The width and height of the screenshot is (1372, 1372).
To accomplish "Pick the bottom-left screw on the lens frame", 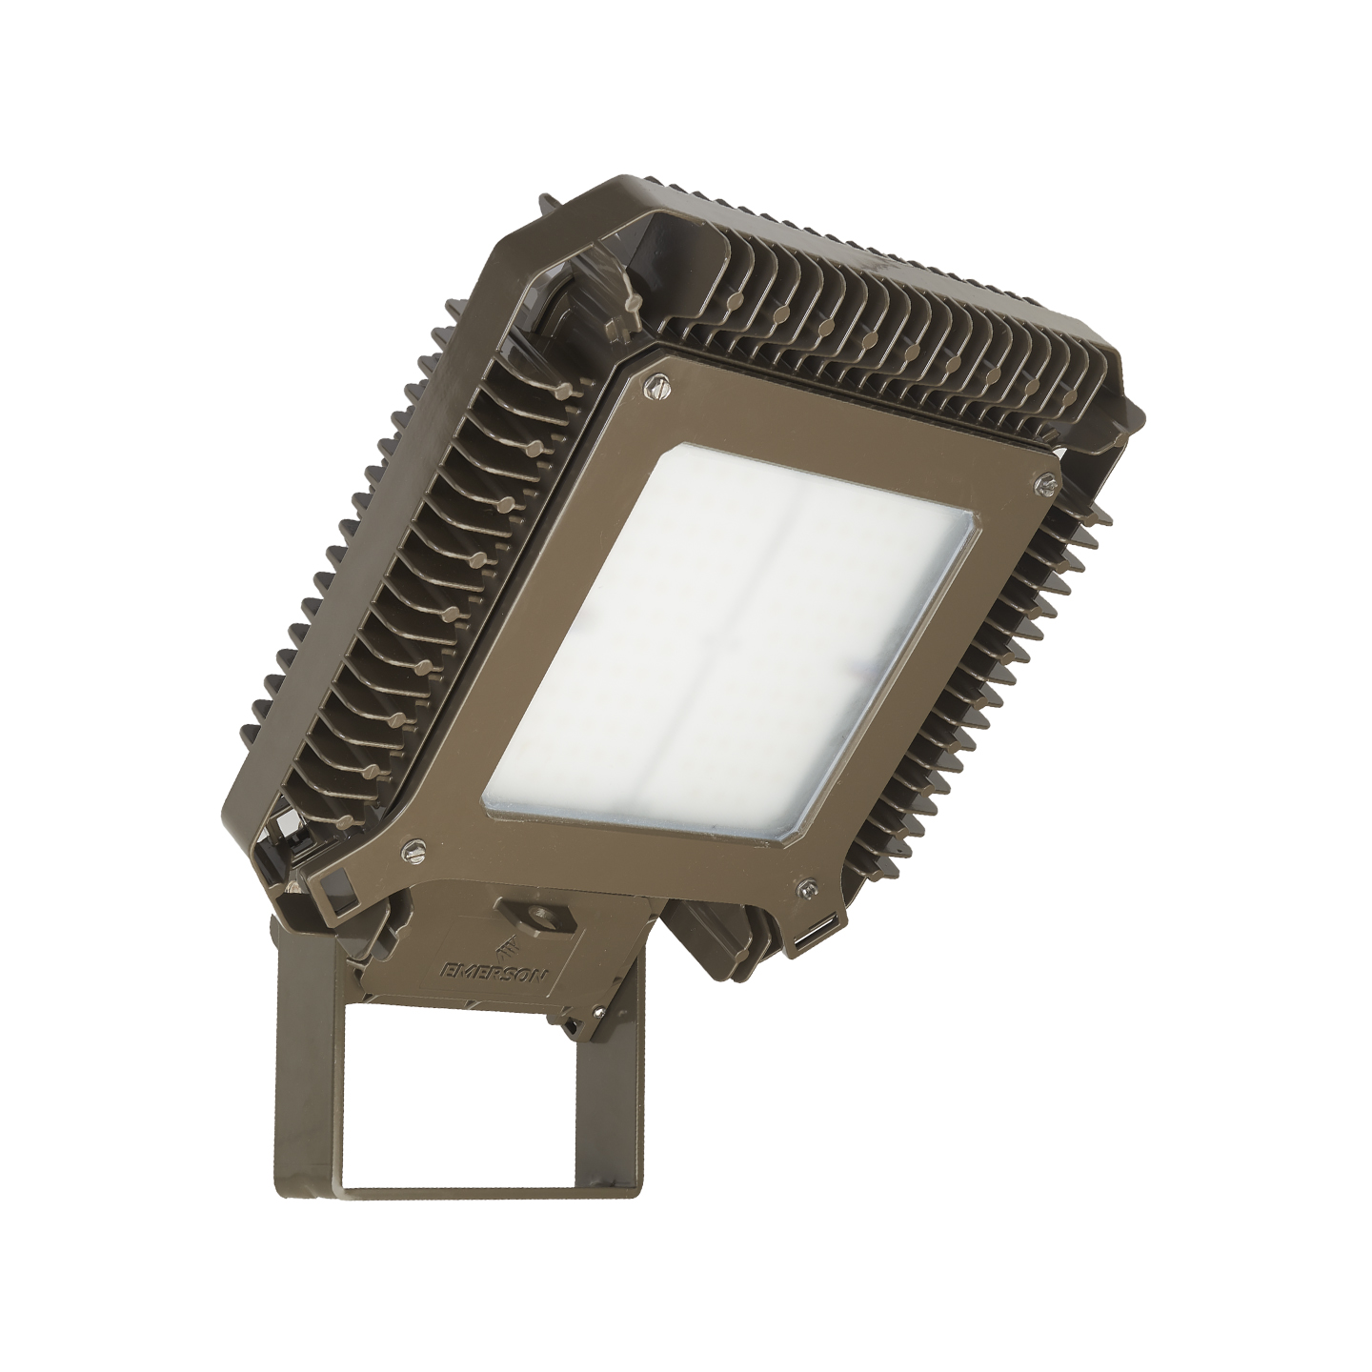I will pyautogui.click(x=414, y=844).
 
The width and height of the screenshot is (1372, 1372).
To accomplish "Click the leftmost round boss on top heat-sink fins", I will pyautogui.click(x=734, y=298).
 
